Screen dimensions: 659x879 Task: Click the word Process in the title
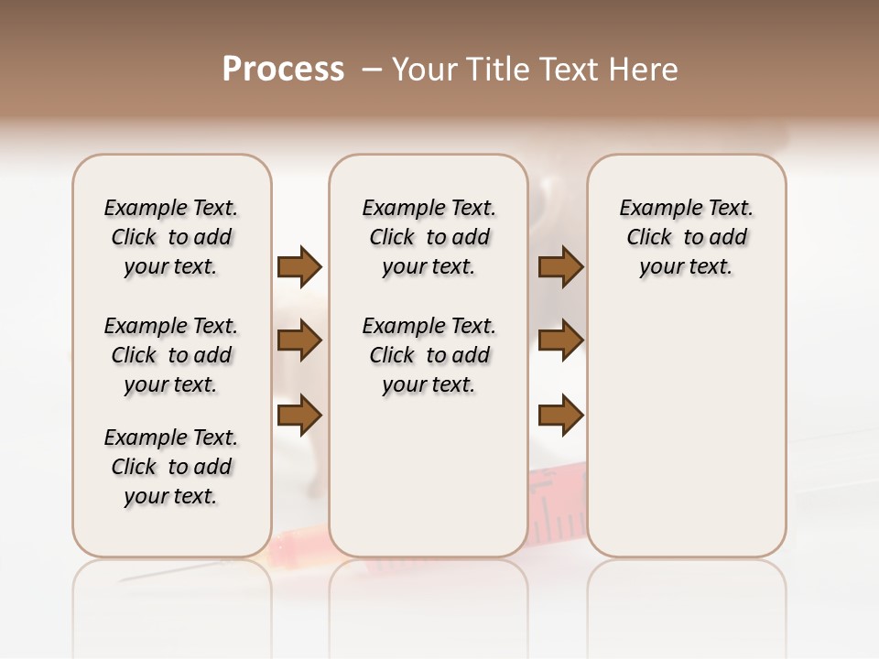point(283,70)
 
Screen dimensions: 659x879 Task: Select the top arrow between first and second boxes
point(299,267)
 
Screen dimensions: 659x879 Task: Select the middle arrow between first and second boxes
point(299,340)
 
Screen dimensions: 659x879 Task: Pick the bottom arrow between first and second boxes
point(299,416)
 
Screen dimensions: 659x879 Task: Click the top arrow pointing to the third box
point(560,267)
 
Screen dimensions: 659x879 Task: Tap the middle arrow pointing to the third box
point(560,340)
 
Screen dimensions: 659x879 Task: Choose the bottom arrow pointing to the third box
point(560,416)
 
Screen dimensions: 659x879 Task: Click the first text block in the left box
point(171,237)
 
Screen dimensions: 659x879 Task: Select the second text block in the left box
point(171,355)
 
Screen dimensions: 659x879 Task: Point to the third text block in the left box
point(171,467)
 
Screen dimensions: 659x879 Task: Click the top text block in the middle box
point(429,237)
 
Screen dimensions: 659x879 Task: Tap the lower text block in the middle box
point(429,355)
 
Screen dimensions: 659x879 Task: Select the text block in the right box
point(686,237)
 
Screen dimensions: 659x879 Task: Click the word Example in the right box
point(655,209)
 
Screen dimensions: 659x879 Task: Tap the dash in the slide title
point(372,70)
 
